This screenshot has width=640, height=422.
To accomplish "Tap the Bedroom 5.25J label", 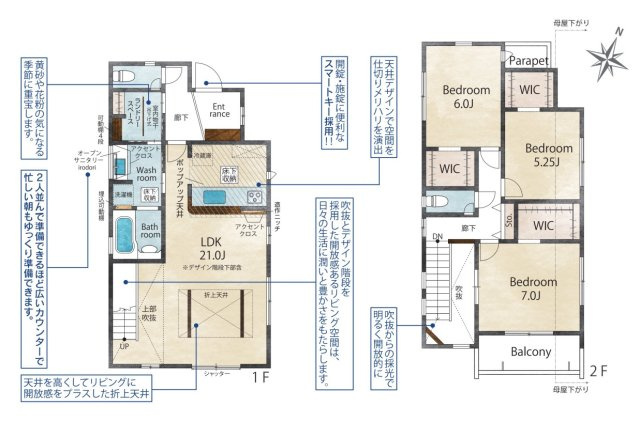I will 549,155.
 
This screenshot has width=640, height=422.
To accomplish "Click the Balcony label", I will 531,352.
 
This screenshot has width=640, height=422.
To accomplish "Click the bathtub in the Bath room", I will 125,234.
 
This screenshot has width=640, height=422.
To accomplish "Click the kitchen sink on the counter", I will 217,196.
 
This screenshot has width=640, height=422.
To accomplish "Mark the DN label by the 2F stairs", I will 438,237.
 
